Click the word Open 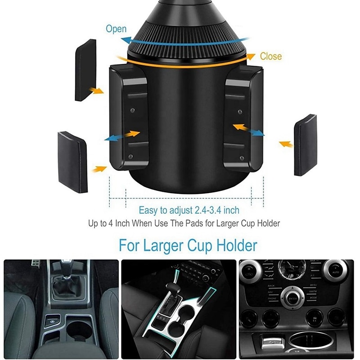116,29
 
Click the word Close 271,56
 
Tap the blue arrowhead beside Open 126,40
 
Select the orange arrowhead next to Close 251,56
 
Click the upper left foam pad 85,70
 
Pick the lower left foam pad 72,162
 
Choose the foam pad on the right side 306,145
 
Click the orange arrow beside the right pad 286,144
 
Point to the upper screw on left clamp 132,110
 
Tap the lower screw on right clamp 242,158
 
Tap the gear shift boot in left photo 66,286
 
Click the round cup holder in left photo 78,330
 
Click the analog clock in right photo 292,268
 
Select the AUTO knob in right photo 335,271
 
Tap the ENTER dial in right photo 292,298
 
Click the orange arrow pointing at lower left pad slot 99,169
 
